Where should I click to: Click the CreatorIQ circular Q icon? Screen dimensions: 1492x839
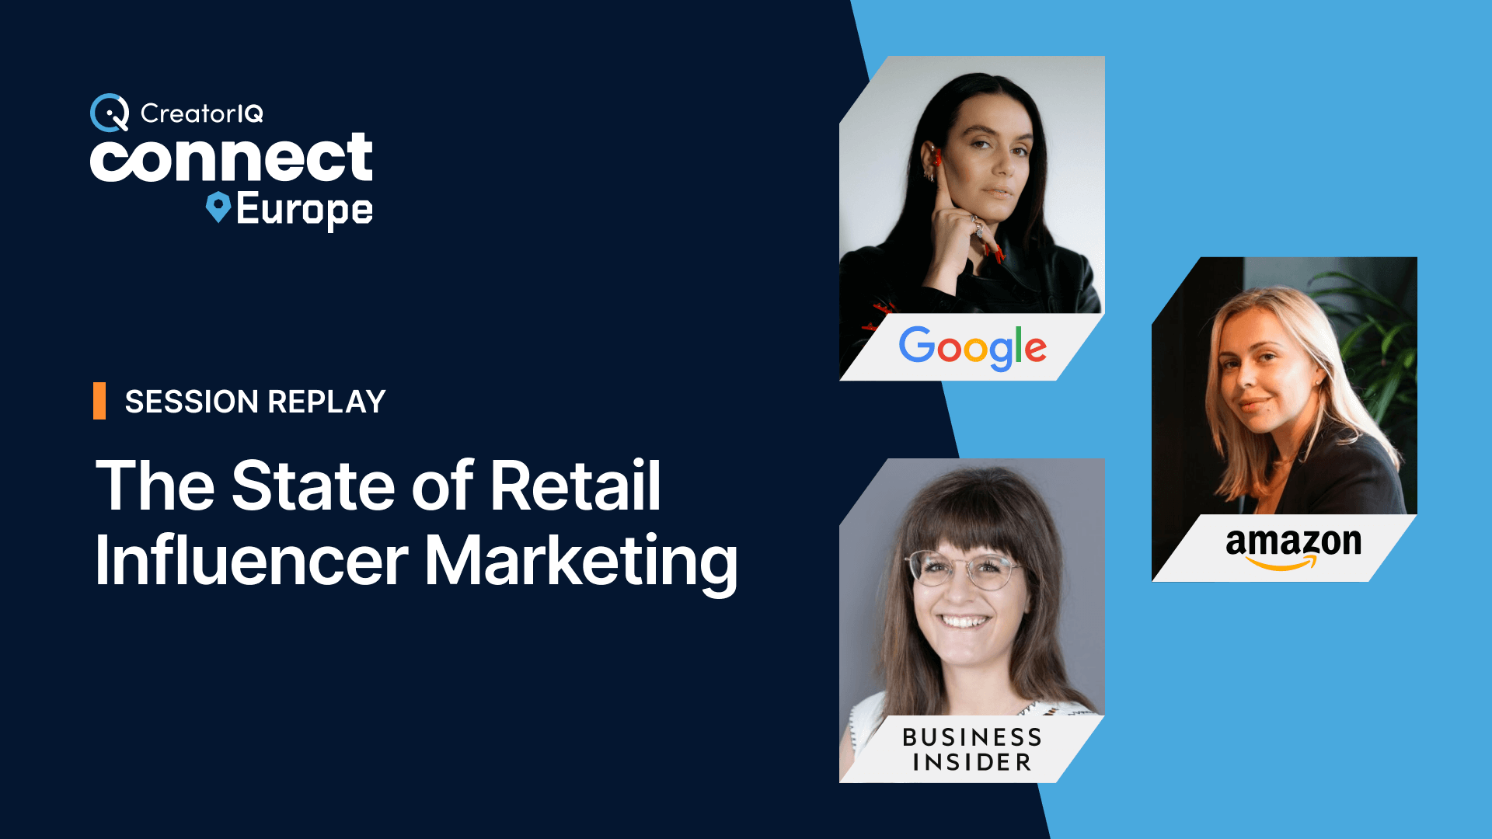point(110,113)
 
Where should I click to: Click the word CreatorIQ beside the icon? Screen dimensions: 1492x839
point(202,113)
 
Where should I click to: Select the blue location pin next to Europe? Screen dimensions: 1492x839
point(218,207)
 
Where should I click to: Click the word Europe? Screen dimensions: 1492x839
point(304,211)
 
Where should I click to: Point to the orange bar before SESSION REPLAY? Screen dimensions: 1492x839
point(99,401)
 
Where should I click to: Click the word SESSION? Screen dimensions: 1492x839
point(192,402)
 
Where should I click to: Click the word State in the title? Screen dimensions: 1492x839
point(315,486)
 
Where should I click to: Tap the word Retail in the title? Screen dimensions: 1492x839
point(575,486)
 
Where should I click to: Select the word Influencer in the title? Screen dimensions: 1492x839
point(252,560)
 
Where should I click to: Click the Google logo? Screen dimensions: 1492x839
point(973,347)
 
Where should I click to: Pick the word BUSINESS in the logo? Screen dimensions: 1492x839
point(972,736)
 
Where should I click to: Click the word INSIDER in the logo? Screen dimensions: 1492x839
point(972,762)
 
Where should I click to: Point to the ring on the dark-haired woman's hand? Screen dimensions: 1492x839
point(978,228)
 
